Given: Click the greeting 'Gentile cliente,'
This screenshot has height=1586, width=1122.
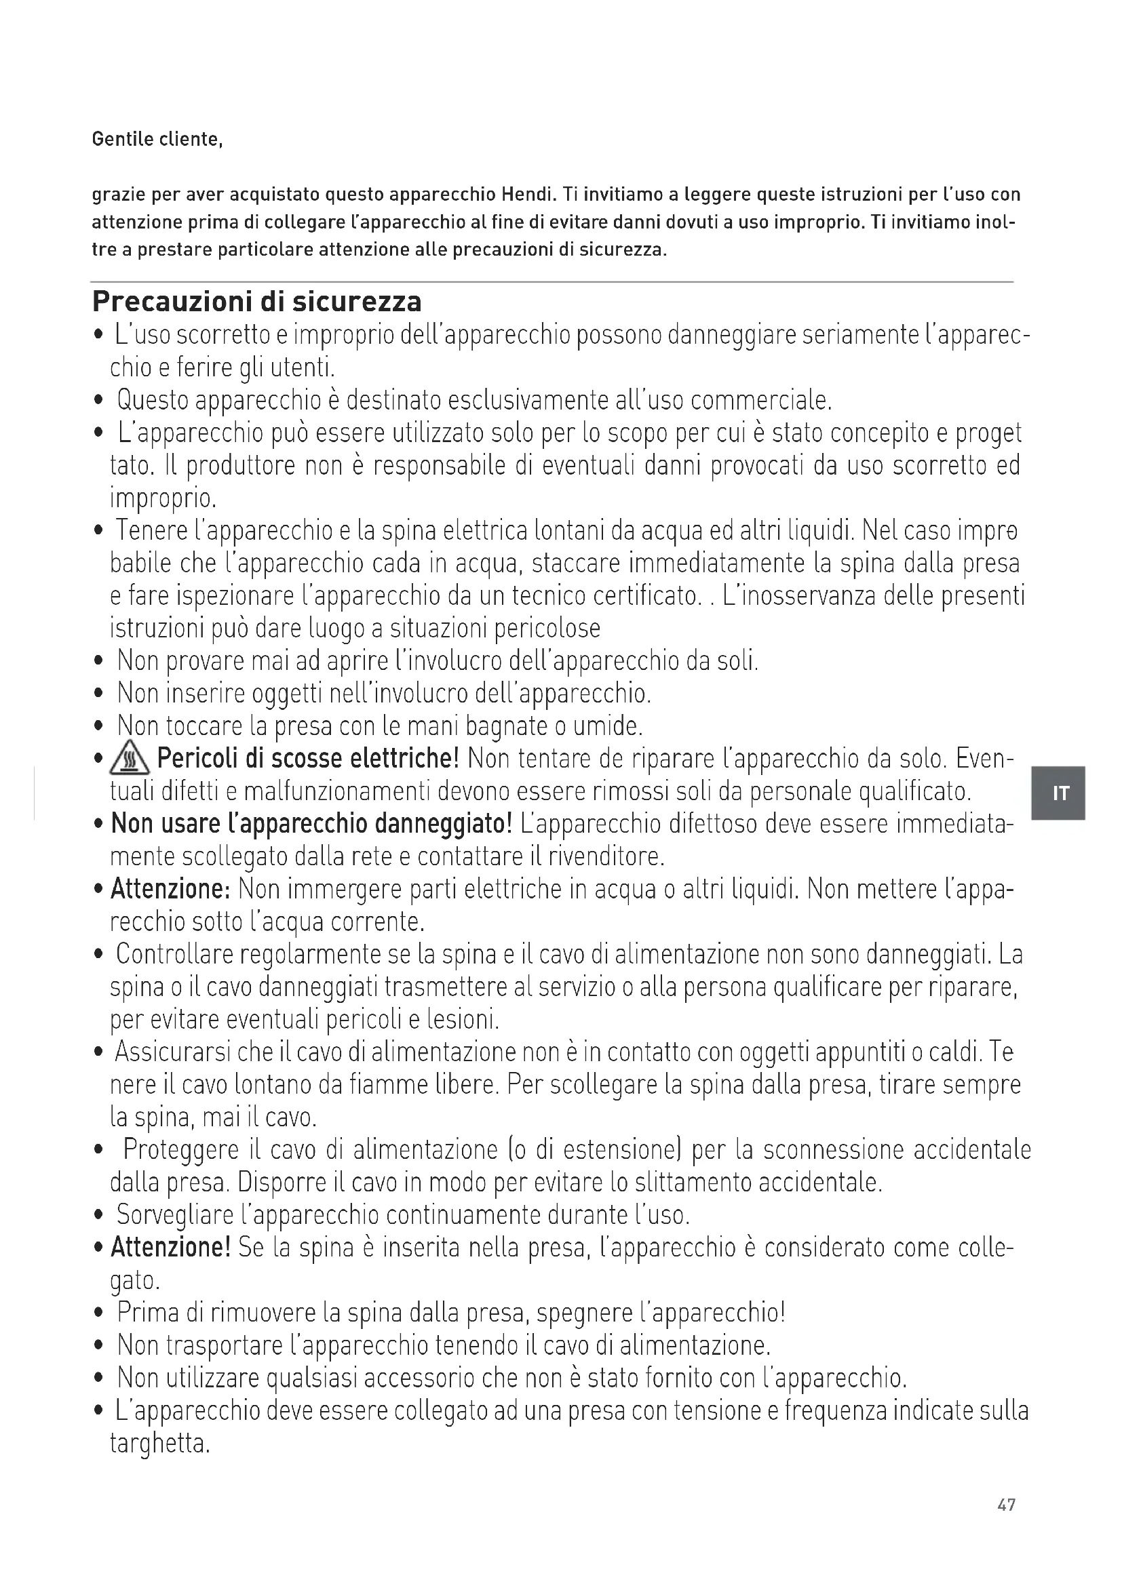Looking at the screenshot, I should coord(157,140).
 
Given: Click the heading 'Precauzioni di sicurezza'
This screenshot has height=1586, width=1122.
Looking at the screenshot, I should coord(256,302).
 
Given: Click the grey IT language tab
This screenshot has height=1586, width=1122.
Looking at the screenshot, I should coord(1058,793).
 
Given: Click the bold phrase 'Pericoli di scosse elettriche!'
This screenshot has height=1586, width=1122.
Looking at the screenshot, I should coord(308,759).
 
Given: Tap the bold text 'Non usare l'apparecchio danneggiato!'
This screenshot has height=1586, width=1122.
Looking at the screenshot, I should coord(311,824).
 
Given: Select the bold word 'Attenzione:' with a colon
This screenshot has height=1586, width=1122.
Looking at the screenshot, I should coord(170,889).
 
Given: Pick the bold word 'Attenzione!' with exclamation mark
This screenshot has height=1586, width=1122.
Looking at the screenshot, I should coord(170,1248).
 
